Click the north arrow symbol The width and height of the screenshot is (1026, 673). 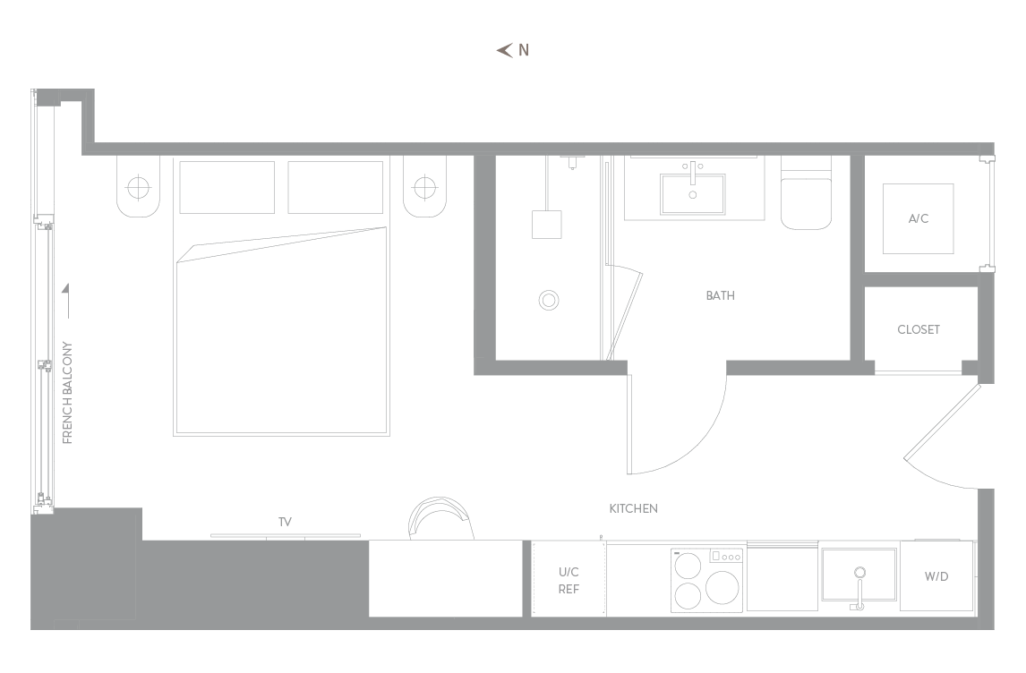(504, 50)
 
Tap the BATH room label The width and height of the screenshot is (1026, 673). (720, 295)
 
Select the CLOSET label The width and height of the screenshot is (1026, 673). (918, 329)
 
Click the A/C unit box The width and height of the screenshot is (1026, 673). (918, 218)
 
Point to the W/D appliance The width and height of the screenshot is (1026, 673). (936, 576)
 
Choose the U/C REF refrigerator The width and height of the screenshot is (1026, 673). (569, 579)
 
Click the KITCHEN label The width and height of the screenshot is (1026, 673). (633, 508)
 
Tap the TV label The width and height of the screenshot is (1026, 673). (285, 522)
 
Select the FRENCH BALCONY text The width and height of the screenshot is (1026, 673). (67, 393)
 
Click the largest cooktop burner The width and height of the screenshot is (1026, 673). (722, 587)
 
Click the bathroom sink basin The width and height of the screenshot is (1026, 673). (692, 193)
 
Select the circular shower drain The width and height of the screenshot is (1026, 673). (548, 300)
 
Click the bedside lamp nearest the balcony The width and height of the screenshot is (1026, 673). (138, 188)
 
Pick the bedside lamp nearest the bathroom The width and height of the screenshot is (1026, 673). (425, 188)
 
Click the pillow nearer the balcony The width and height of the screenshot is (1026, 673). (227, 187)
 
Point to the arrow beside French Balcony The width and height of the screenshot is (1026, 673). (67, 302)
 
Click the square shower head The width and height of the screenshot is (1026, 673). (546, 225)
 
